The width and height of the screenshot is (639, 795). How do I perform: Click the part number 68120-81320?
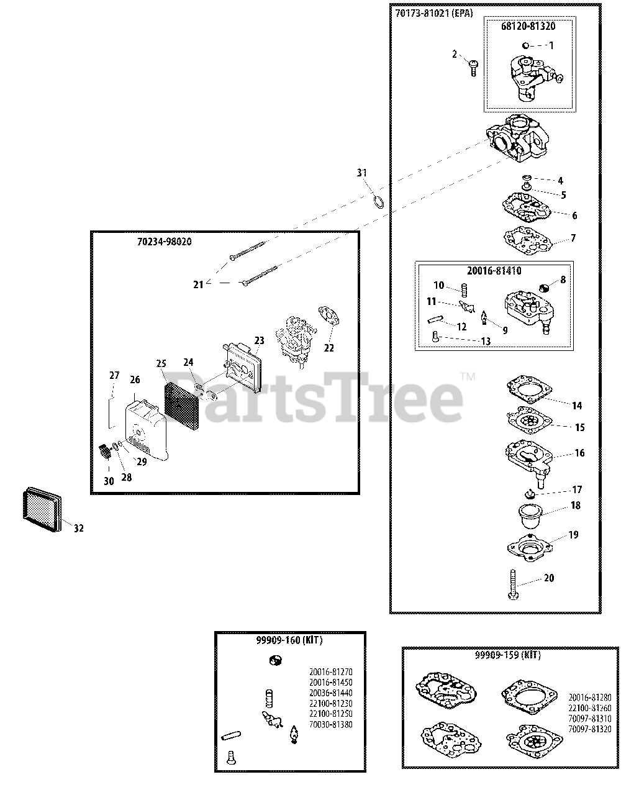(x=528, y=27)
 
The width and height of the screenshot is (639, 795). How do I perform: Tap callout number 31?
(x=362, y=173)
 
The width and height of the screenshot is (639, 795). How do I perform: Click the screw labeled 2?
(x=473, y=66)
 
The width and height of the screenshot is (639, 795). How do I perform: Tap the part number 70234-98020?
(x=164, y=242)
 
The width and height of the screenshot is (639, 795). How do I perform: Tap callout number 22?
(x=329, y=348)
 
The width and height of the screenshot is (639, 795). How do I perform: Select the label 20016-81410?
(x=494, y=271)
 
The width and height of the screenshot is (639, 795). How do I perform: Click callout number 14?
(x=577, y=406)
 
